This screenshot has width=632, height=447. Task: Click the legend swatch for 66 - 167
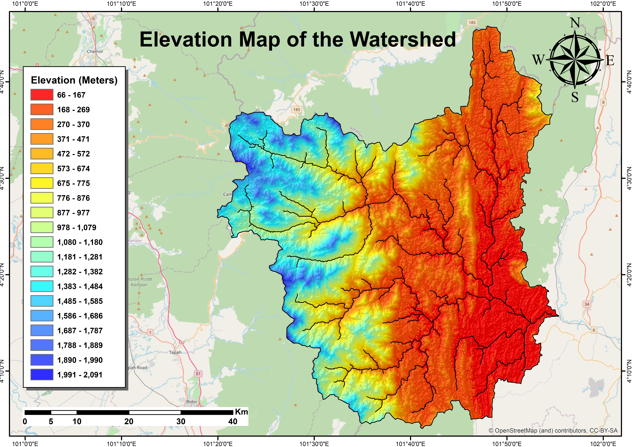click(42, 95)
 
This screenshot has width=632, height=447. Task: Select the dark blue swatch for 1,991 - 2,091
click(42, 375)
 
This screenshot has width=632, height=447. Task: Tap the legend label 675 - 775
click(74, 183)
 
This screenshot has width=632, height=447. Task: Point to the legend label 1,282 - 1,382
click(80, 272)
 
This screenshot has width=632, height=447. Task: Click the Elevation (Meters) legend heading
click(74, 80)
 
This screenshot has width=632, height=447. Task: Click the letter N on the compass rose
click(575, 23)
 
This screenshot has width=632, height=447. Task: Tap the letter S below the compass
click(575, 97)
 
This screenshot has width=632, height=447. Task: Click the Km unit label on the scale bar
click(241, 412)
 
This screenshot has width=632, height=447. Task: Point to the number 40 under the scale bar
click(233, 421)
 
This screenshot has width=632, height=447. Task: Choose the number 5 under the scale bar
click(51, 421)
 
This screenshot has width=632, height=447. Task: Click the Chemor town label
click(95, 51)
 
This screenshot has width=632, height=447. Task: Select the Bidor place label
click(192, 402)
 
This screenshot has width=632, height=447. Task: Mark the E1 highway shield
click(198, 374)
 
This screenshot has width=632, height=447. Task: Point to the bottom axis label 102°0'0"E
click(603, 444)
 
